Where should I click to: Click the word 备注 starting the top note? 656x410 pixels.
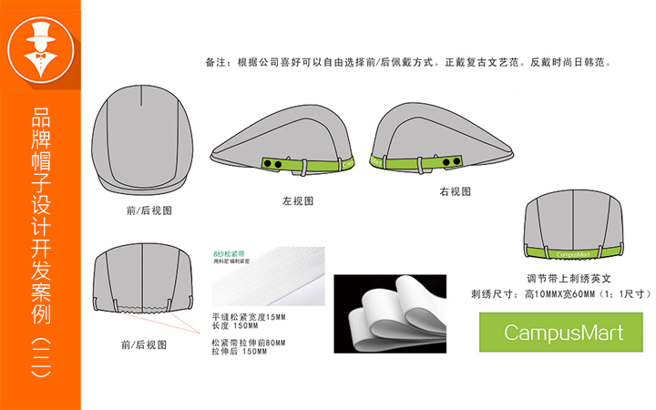coord(216,64)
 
